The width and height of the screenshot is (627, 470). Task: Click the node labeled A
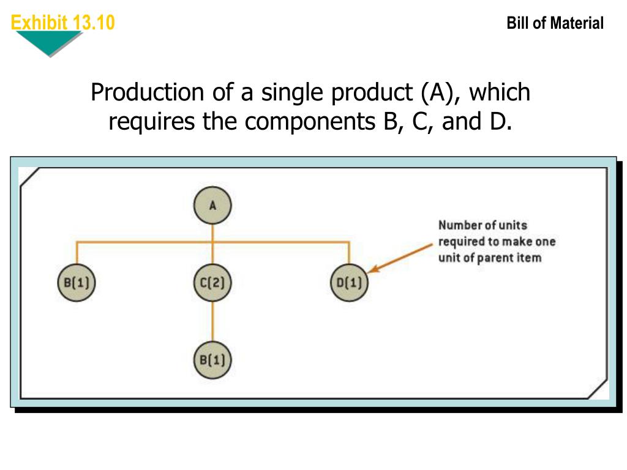212,206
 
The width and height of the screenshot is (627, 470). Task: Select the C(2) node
212,283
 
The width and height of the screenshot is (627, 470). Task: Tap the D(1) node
349,283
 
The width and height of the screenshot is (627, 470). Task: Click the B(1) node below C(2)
212,359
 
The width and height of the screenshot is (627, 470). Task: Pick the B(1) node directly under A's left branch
77,283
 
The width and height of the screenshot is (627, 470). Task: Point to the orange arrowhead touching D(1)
373,269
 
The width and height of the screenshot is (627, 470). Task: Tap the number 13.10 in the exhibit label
93,23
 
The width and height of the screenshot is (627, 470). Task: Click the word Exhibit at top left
39,23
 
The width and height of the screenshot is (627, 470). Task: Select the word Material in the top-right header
576,24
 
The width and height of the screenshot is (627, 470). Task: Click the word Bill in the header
517,24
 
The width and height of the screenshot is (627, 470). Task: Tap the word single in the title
293,93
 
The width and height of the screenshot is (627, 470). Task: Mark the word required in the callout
460,241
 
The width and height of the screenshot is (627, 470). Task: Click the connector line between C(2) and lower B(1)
212,321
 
